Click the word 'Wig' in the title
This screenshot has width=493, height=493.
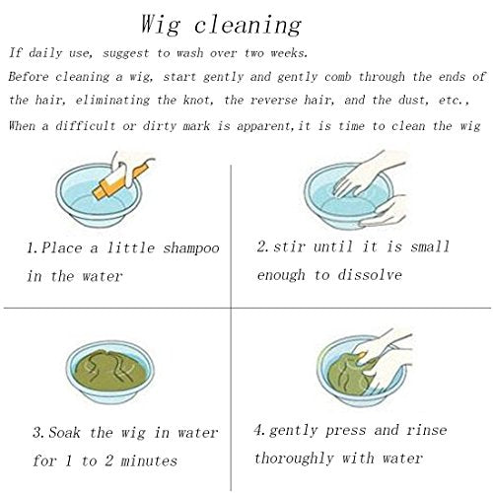tap(161, 25)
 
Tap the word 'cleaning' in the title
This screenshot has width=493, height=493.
tap(247, 25)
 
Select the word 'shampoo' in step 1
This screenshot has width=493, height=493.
tap(191, 248)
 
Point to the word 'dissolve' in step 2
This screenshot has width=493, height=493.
tap(370, 274)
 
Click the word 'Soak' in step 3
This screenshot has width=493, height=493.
tap(64, 432)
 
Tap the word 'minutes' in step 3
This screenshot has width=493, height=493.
tap(149, 460)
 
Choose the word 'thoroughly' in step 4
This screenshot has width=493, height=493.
tap(294, 458)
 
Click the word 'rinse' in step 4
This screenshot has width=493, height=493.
tap(426, 430)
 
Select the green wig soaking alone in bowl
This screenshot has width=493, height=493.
tap(110, 371)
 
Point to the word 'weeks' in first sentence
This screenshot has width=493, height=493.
tap(288, 53)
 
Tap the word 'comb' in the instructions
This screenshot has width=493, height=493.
tap(337, 77)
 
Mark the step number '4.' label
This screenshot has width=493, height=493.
tap(261, 430)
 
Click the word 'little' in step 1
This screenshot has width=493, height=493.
tap(131, 247)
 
